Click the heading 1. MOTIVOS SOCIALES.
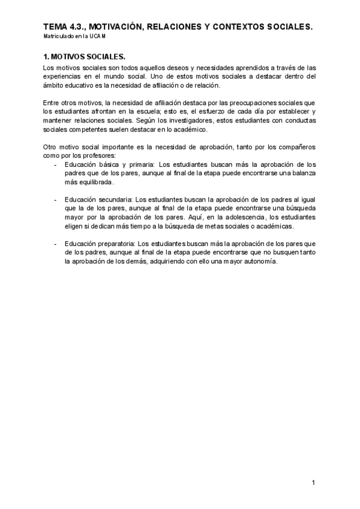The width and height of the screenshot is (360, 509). click(84, 57)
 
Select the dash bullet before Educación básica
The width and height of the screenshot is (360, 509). click(55, 164)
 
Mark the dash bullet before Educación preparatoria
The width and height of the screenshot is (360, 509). click(55, 244)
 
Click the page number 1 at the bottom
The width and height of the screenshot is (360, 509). click(313, 483)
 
